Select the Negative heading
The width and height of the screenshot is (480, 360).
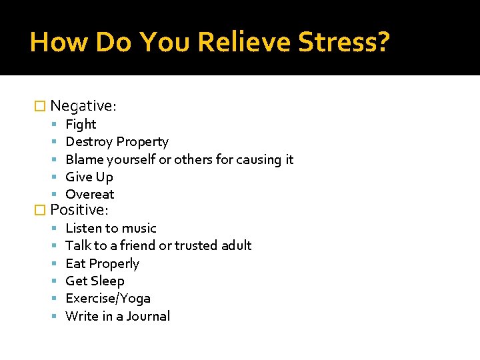[x=83, y=105]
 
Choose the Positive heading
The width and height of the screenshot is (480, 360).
[x=79, y=209]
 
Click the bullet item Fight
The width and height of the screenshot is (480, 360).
[x=81, y=124]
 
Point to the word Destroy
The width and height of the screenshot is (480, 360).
[x=89, y=141]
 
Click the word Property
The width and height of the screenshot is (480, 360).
[x=142, y=141]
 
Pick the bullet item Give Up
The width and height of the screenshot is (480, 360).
[x=89, y=177]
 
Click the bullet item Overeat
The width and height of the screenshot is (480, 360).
[x=90, y=194]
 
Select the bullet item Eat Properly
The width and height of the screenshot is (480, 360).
[x=102, y=263]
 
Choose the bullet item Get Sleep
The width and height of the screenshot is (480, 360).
[x=95, y=281]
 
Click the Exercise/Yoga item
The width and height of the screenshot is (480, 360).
[x=107, y=298]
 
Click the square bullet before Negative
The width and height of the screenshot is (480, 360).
[x=40, y=106]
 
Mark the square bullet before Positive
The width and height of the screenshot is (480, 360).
[x=40, y=210]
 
